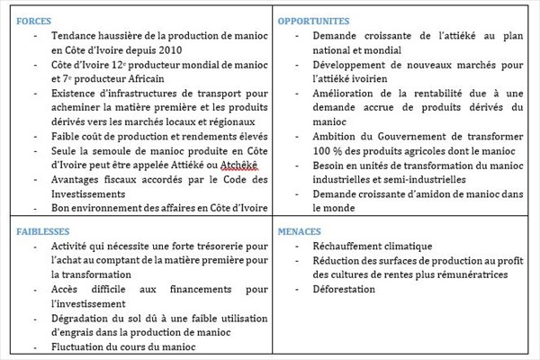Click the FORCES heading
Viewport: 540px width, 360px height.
click(x=33, y=21)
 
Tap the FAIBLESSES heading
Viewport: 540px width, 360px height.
click(x=41, y=230)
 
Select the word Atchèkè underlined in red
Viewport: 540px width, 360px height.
click(x=238, y=166)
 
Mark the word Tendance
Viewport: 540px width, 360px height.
click(x=78, y=35)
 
